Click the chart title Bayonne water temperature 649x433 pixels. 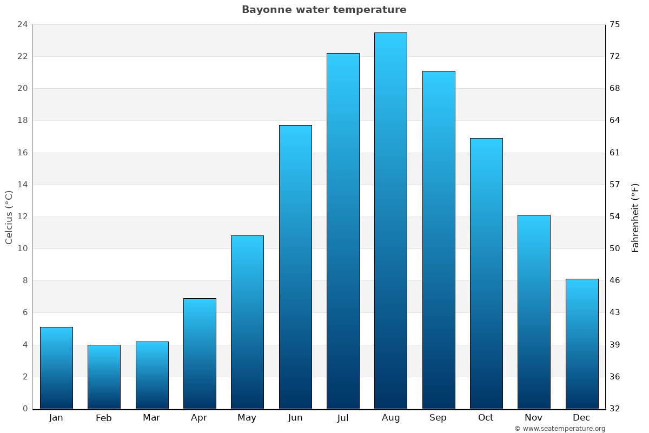click(x=324, y=10)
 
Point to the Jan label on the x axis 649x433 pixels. click(x=56, y=418)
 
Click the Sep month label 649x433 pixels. click(x=438, y=418)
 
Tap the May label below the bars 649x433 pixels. click(x=247, y=418)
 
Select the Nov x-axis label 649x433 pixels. click(x=534, y=418)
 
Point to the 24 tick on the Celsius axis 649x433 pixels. click(x=22, y=24)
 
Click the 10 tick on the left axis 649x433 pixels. click(x=22, y=248)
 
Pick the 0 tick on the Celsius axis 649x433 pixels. click(x=25, y=409)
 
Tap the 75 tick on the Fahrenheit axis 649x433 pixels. click(x=615, y=24)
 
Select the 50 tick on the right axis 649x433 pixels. click(x=615, y=248)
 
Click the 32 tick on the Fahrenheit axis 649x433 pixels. click(x=615, y=409)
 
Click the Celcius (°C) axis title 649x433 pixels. click(x=9, y=217)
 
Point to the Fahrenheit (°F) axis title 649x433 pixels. click(x=635, y=217)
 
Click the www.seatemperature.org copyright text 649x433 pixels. click(x=560, y=429)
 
